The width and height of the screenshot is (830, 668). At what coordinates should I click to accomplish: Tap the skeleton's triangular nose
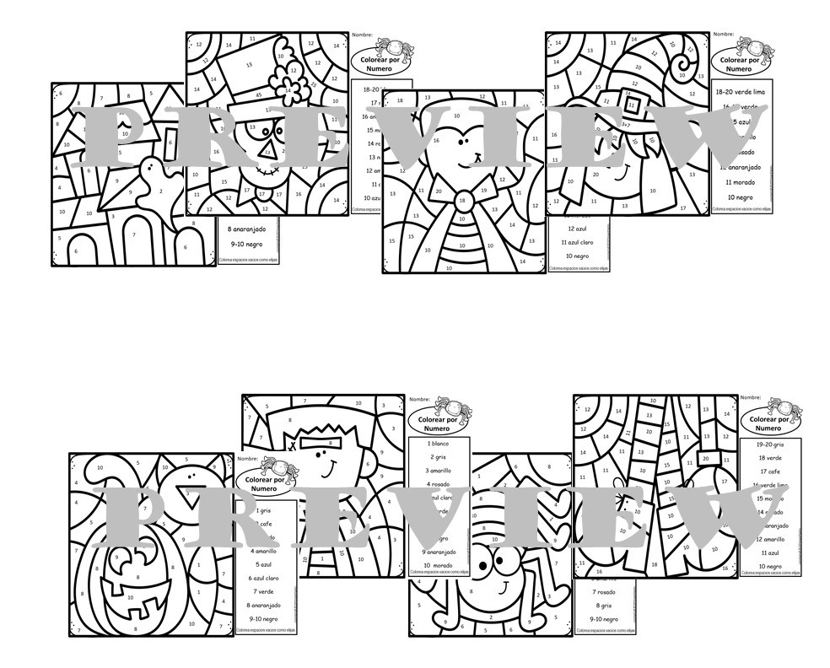[x=268, y=153]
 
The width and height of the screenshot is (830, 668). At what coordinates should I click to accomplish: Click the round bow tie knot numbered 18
[x=461, y=200]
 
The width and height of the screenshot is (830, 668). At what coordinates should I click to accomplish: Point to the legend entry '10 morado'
[x=439, y=564]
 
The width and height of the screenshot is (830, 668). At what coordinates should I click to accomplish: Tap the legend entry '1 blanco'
[x=439, y=442]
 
